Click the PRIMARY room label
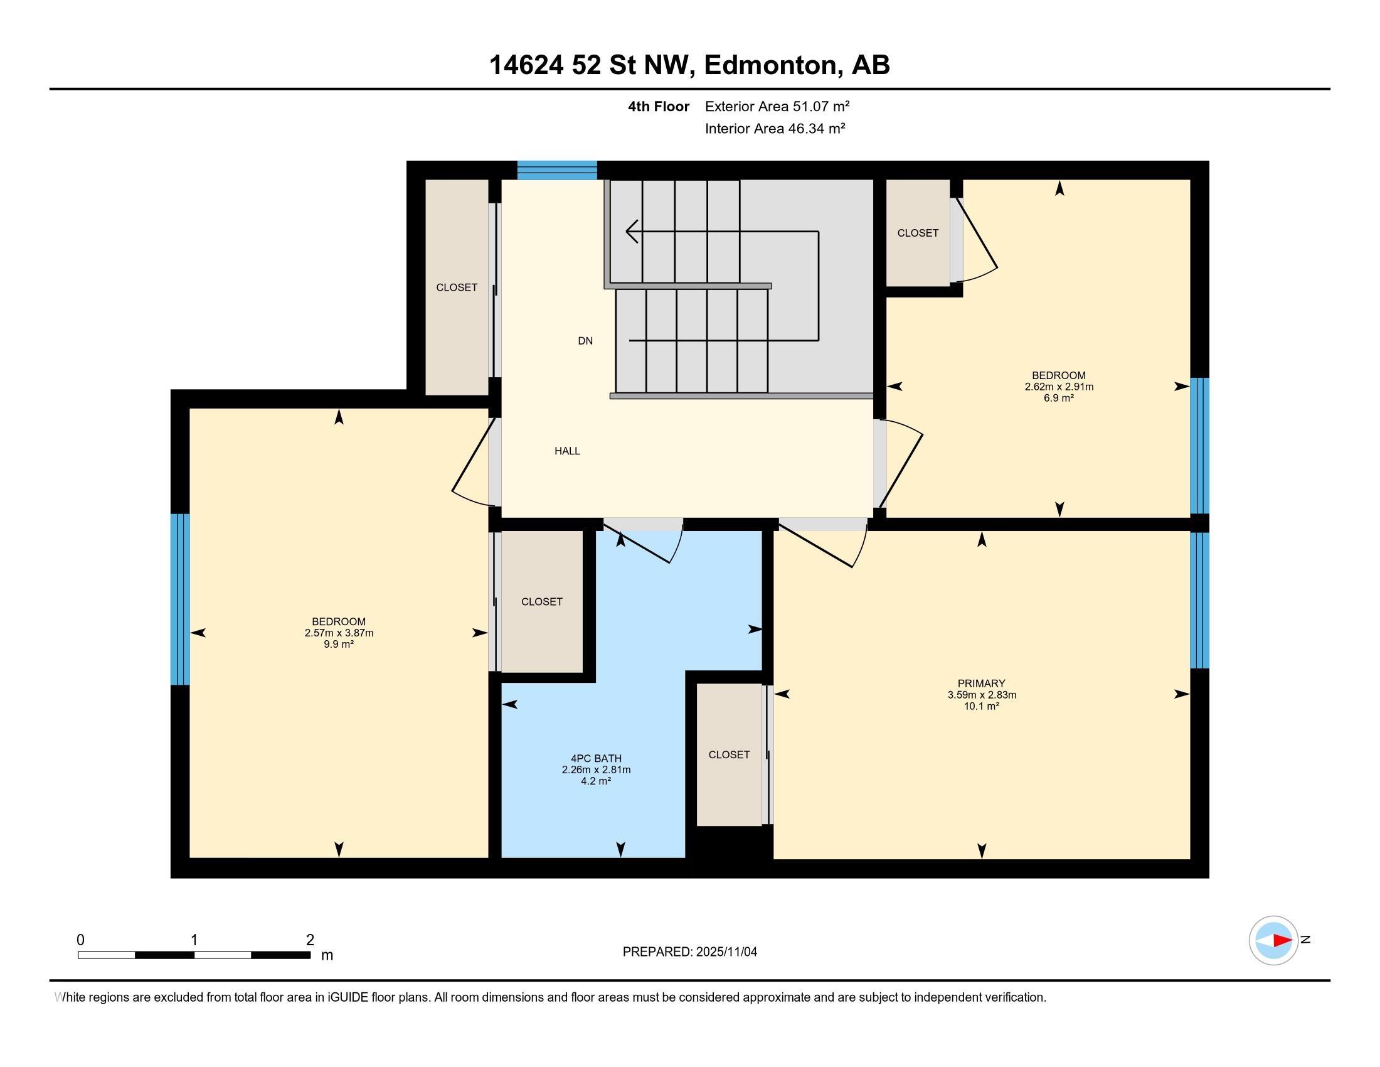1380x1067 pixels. [x=980, y=684]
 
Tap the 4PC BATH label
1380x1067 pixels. [x=596, y=759]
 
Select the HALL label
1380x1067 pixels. [x=567, y=451]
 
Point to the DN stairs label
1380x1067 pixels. [x=585, y=341]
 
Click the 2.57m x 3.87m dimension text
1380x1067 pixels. [x=339, y=633]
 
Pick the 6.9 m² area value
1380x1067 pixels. [x=1059, y=397]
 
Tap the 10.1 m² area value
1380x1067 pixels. [x=980, y=706]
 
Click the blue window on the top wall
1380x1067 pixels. [x=556, y=170]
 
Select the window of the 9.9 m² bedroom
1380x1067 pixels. [x=180, y=599]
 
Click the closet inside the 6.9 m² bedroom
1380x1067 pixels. [x=918, y=233]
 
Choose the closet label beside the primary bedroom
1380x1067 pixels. [x=728, y=754]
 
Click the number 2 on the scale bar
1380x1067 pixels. [x=310, y=940]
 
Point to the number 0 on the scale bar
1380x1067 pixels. [x=80, y=940]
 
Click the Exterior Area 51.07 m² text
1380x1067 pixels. [x=777, y=106]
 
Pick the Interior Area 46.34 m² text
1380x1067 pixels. [x=775, y=128]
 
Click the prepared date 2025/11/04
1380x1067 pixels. [x=726, y=952]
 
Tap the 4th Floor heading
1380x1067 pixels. [x=659, y=106]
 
